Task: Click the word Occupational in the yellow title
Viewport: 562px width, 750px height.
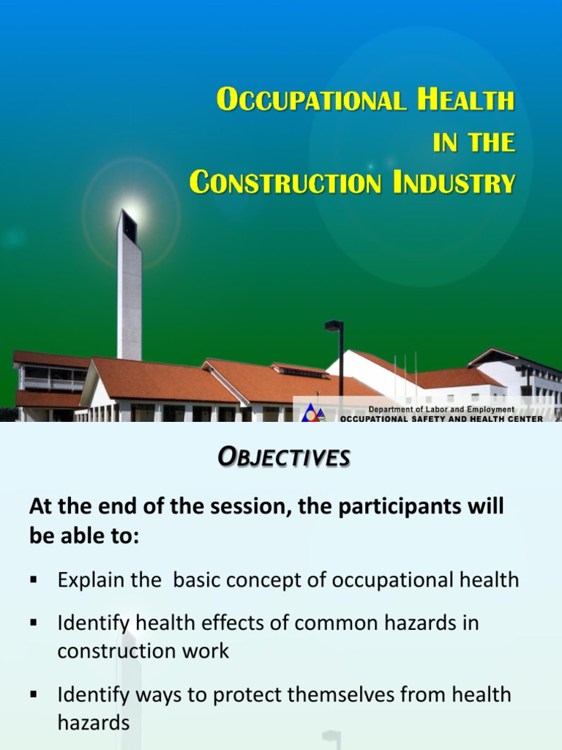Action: (x=310, y=100)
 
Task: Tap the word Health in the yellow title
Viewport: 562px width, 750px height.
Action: (x=465, y=100)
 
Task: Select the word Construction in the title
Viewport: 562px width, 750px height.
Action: (x=285, y=182)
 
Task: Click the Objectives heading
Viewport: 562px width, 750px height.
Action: (x=285, y=458)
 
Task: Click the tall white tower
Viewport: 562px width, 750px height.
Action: (x=129, y=293)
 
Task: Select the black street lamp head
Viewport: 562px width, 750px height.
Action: (x=333, y=325)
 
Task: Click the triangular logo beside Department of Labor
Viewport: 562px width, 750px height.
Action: (x=312, y=412)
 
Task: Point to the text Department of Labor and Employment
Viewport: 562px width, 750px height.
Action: (x=441, y=409)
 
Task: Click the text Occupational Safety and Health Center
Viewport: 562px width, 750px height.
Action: (x=441, y=419)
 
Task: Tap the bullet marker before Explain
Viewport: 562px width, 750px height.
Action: (x=33, y=580)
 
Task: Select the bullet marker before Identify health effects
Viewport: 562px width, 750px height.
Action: (x=33, y=623)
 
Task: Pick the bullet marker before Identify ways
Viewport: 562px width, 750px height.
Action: (x=33, y=694)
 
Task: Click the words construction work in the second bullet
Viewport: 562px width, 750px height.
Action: (x=143, y=650)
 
